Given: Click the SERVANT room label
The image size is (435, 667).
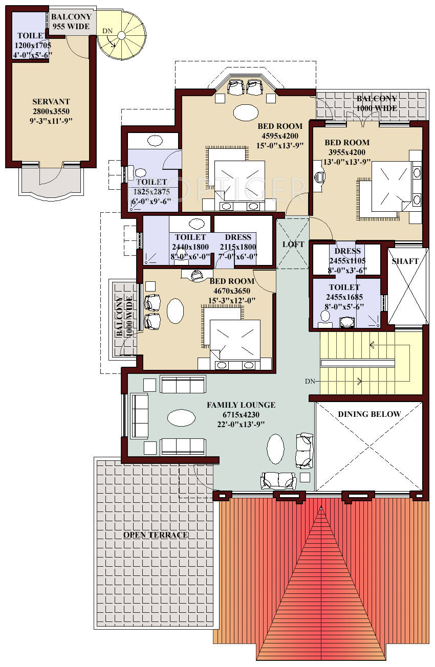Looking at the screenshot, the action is (51, 102).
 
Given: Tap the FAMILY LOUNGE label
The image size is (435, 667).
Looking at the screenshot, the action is (241, 405).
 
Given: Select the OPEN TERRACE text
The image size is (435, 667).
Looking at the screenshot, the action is (156, 535).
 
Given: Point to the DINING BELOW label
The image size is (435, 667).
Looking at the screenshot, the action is (369, 414).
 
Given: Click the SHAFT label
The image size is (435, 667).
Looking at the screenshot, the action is (405, 261).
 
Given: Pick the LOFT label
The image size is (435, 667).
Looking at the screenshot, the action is (293, 244).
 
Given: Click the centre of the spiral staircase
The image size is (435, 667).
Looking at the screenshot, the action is (121, 35).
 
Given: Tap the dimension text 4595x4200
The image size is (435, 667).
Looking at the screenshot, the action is (280, 136).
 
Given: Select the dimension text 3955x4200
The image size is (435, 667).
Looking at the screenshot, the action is (347, 152).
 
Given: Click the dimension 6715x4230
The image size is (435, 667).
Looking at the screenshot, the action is (241, 414).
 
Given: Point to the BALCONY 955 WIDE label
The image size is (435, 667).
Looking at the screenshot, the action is (71, 21).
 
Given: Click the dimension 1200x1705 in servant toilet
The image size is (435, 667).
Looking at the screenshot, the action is (33, 45).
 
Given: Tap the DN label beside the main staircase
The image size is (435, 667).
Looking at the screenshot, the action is (310, 381).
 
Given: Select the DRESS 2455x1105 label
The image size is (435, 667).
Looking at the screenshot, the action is (347, 255).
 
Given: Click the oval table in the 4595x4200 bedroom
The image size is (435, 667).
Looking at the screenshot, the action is (246, 112).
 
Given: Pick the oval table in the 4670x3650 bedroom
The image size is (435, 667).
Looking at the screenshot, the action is (175, 310).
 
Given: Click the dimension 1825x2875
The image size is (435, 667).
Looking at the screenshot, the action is (151, 191).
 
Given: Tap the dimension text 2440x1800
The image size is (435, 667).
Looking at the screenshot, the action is (190, 247).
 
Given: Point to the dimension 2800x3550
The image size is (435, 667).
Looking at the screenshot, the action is (51, 112).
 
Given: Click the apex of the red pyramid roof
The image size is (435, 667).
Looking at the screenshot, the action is (321, 506).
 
